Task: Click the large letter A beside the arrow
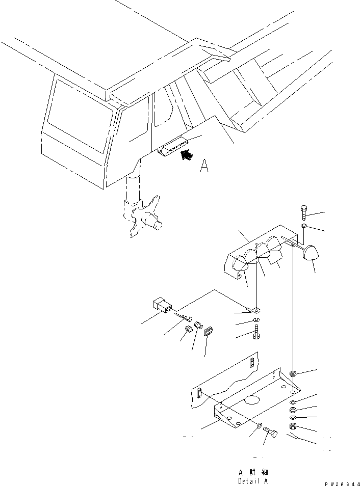(x=204, y=167)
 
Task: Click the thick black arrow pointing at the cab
(x=188, y=154)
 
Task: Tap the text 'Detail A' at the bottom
(x=252, y=480)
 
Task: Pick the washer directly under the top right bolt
(x=304, y=226)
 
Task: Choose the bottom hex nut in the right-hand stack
(x=293, y=426)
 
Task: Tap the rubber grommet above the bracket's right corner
(x=293, y=375)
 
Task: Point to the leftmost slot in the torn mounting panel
(x=199, y=393)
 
